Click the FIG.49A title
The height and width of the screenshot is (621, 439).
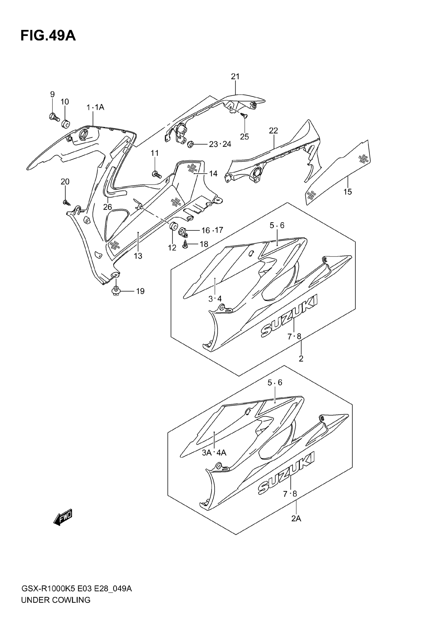(x=48, y=36)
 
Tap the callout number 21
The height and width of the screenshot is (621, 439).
(x=235, y=76)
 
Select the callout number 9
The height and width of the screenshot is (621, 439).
(x=52, y=94)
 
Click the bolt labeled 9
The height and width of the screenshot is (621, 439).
(x=54, y=117)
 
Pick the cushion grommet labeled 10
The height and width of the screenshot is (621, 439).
(x=65, y=124)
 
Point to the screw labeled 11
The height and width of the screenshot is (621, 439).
(x=156, y=174)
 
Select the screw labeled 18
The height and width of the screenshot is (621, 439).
(x=185, y=244)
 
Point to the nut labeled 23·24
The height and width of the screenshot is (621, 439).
(x=190, y=144)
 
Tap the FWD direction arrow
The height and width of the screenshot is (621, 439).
(x=63, y=517)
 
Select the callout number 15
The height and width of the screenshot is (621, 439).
(x=348, y=192)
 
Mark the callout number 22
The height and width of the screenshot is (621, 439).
(x=273, y=131)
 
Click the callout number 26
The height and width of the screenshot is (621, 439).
(x=107, y=207)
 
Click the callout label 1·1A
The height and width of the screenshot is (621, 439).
(x=95, y=108)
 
